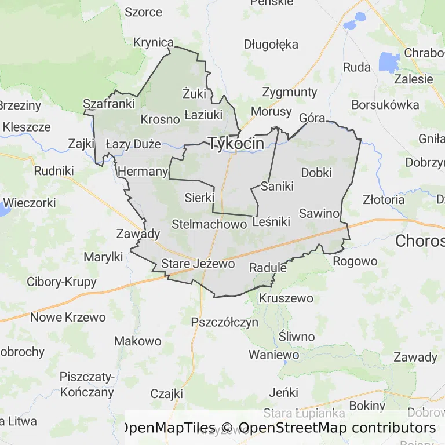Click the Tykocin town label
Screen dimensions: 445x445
coord(236,143)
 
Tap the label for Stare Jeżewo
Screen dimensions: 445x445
coord(198,264)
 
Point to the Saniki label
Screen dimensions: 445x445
coord(278,186)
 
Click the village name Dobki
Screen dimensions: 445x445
coord(316,172)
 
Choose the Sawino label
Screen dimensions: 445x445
coord(319,213)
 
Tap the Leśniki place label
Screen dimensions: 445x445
coord(271,220)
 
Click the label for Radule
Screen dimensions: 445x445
coord(268,268)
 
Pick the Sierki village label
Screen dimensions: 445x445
coord(199,198)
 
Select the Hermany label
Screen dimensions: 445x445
coord(143,172)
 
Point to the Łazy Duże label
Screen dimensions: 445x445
coord(133,144)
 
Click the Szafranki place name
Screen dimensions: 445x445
coord(109,104)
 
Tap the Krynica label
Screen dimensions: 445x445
coord(154,42)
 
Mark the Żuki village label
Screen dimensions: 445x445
coord(194,93)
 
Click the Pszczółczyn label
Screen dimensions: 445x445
coord(224,323)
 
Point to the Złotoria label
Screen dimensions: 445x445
coord(384,200)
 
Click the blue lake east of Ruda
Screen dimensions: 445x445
coord(389,61)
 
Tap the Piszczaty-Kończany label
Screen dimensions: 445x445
coord(87,384)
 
